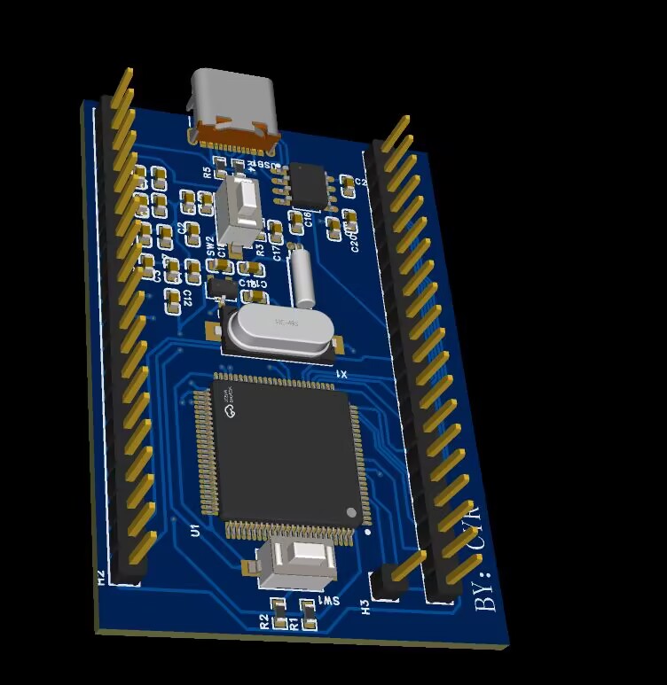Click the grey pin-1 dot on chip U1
point(351,513)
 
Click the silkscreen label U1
point(195,531)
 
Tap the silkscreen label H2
point(101,578)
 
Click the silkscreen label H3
point(365,606)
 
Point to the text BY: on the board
point(487,589)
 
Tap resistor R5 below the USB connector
point(221,167)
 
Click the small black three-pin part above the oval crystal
point(223,287)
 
